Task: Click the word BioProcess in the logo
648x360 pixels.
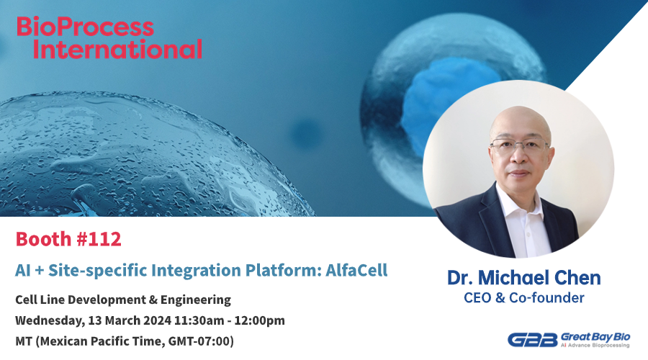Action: pos(85,27)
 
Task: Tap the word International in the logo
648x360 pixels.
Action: pos(117,49)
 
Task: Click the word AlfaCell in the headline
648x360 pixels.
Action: pos(356,270)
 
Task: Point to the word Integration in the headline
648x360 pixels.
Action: pos(197,271)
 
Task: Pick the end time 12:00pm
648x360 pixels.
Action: pos(259,320)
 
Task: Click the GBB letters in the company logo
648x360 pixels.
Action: pos(533,340)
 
